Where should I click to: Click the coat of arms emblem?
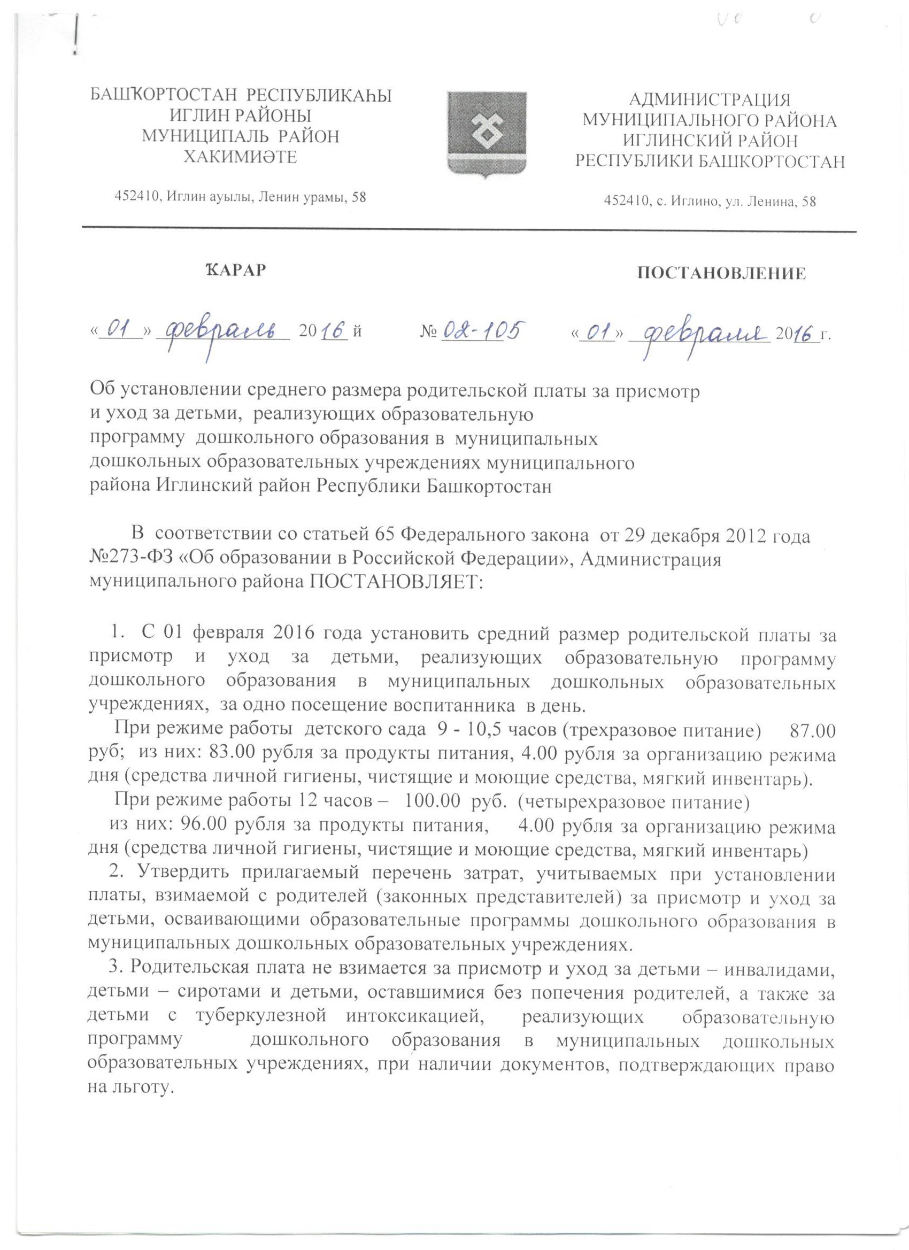[x=488, y=135]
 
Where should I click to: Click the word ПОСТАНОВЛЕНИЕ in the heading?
[x=721, y=274]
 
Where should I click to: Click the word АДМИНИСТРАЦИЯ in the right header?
[x=710, y=101]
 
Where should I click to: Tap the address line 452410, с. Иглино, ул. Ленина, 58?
[x=710, y=202]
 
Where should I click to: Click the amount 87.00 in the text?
[x=813, y=732]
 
